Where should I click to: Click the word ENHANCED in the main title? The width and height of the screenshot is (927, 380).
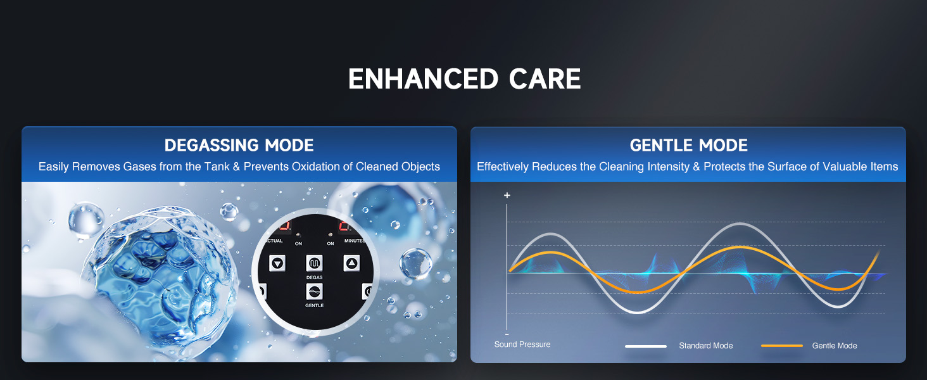(x=423, y=79)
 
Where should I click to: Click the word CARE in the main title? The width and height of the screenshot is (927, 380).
(x=545, y=79)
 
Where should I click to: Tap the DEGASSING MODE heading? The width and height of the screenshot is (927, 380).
(x=239, y=145)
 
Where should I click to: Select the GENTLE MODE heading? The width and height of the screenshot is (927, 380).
(x=689, y=145)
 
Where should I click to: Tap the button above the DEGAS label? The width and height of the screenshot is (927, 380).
(x=315, y=263)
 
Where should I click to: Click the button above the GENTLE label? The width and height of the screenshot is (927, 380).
(x=315, y=291)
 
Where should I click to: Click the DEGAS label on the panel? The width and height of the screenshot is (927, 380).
(x=315, y=277)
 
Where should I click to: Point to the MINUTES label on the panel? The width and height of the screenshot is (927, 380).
(x=354, y=241)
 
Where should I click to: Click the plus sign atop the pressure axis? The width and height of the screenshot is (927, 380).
(x=507, y=195)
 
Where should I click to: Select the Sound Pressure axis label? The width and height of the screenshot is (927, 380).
(x=522, y=345)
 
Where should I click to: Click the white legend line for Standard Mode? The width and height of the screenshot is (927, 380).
(x=646, y=346)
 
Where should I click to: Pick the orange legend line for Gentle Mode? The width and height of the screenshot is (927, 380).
(x=782, y=346)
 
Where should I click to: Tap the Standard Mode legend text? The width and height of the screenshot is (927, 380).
(x=705, y=346)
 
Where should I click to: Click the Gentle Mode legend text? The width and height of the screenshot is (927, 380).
(x=835, y=346)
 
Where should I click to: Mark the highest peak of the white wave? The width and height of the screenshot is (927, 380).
(x=740, y=224)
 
